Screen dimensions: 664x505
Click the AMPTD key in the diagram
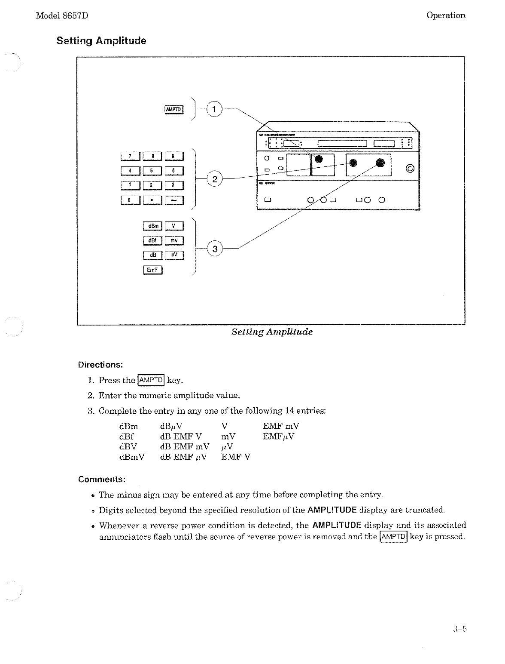[174, 110]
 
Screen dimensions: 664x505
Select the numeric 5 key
[152, 171]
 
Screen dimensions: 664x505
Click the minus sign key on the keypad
[174, 200]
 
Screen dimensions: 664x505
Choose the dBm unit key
[152, 226]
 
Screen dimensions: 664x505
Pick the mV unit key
[174, 240]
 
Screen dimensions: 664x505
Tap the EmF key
[152, 270]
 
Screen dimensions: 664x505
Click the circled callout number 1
[214, 109]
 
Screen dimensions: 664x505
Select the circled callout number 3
[215, 249]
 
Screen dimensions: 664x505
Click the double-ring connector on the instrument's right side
[411, 168]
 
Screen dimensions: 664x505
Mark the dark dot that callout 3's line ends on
[380, 163]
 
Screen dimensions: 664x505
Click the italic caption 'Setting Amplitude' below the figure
[272, 332]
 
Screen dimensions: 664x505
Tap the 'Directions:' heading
[100, 365]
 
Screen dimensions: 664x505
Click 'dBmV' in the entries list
[131, 457]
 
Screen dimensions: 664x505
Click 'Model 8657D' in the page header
[62, 15]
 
